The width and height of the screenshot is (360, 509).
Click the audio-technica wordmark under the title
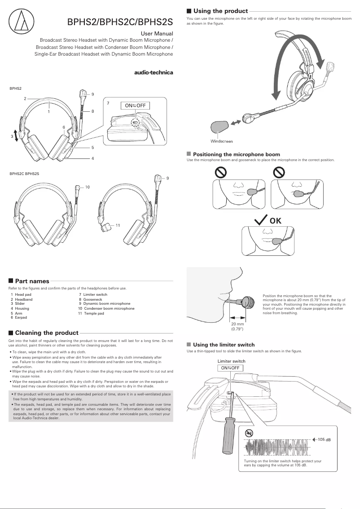[154, 73]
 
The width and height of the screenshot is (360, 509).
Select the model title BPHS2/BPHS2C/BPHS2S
[120, 22]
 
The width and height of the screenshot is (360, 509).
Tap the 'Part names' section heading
[32, 281]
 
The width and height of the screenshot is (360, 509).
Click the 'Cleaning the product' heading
[47, 333]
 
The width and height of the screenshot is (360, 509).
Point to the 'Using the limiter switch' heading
[224, 345]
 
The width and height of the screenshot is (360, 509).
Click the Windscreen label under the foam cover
[222, 141]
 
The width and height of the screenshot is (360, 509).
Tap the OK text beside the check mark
[275, 221]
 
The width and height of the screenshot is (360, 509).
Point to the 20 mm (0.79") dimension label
[237, 326]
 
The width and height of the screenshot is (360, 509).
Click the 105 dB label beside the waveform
[324, 439]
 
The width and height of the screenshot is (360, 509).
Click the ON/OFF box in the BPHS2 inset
[135, 106]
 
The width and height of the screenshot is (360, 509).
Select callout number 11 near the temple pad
[118, 224]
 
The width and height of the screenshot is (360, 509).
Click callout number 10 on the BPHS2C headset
[88, 187]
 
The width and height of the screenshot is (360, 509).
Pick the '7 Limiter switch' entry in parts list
[93, 294]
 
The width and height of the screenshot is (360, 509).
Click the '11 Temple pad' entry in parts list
[91, 313]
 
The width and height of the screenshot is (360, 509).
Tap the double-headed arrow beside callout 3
[16, 136]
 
